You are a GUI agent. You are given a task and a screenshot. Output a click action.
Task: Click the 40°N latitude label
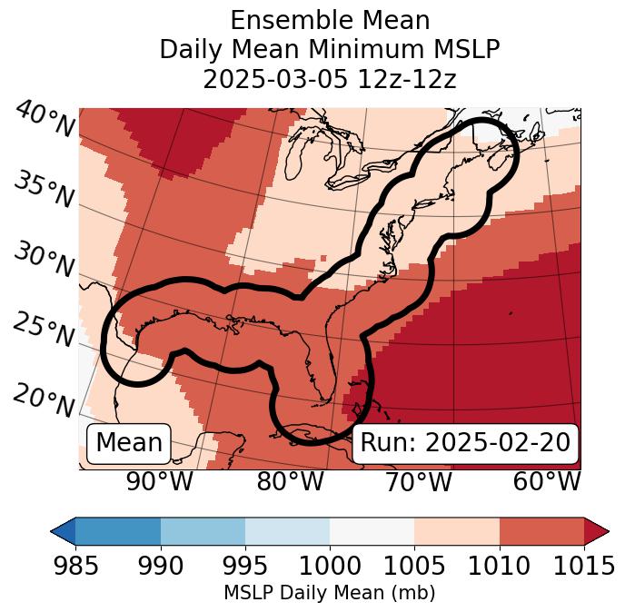[x=44, y=121]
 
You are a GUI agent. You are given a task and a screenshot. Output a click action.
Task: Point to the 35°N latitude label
[x=44, y=190]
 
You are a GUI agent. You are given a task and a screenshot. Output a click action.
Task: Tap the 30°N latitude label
[x=44, y=261]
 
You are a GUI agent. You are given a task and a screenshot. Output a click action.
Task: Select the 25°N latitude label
[x=44, y=331]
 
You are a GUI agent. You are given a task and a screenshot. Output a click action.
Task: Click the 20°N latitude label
[x=44, y=400]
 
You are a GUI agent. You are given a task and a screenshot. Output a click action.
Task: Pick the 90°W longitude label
[x=160, y=482]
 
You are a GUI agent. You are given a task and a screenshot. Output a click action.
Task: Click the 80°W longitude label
[x=290, y=482]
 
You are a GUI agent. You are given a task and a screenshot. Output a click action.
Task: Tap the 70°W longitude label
[x=418, y=482]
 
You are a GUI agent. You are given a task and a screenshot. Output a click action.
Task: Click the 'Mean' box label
[x=129, y=443]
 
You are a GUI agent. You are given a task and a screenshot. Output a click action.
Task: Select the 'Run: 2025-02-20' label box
[x=465, y=443]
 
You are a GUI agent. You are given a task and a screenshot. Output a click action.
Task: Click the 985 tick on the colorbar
[x=75, y=567]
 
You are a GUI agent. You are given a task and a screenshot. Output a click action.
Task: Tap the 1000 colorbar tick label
[x=330, y=567]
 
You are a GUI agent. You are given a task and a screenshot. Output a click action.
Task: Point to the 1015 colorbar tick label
[x=584, y=567]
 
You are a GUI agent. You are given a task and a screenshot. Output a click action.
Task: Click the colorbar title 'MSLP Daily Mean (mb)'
[x=330, y=594]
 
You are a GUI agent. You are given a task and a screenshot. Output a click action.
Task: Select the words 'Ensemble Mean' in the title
[x=330, y=21]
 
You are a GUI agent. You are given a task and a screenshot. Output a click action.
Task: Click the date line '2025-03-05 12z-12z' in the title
[x=330, y=79]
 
